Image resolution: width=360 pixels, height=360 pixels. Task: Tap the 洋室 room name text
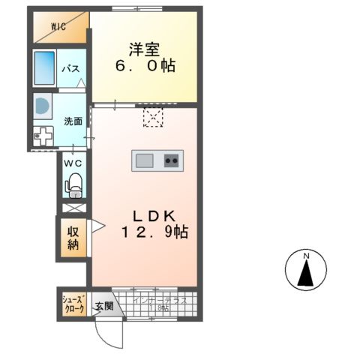point(145,49)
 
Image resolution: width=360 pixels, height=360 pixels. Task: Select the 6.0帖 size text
point(145,67)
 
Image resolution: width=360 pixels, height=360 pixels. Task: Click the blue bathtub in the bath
point(47,67)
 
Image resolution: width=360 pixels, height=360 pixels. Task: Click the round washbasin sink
point(42,106)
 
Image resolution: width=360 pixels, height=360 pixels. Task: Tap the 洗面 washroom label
point(73,121)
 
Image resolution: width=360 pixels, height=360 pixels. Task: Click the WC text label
point(73,163)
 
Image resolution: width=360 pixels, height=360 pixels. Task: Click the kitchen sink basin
point(145,159)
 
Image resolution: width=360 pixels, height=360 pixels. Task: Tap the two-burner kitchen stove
point(171,159)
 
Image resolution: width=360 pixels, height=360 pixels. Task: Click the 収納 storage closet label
point(73,238)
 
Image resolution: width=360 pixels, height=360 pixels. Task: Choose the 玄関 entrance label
point(103,306)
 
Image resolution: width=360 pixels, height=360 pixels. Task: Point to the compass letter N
point(307,257)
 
